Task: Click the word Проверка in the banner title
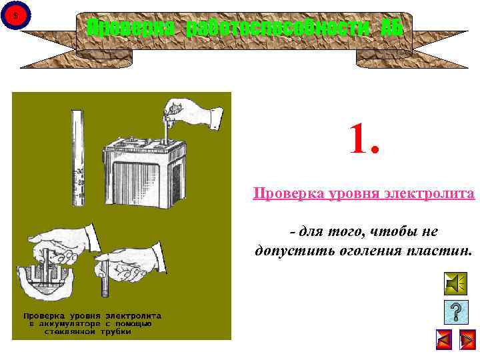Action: click(x=132, y=28)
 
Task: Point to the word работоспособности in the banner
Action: click(x=279, y=28)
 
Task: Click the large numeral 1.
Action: click(x=365, y=138)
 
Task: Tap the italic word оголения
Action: click(x=371, y=251)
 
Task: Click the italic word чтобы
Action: click(x=379, y=231)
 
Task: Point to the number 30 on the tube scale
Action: click(x=79, y=173)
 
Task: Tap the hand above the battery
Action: click(x=194, y=114)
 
